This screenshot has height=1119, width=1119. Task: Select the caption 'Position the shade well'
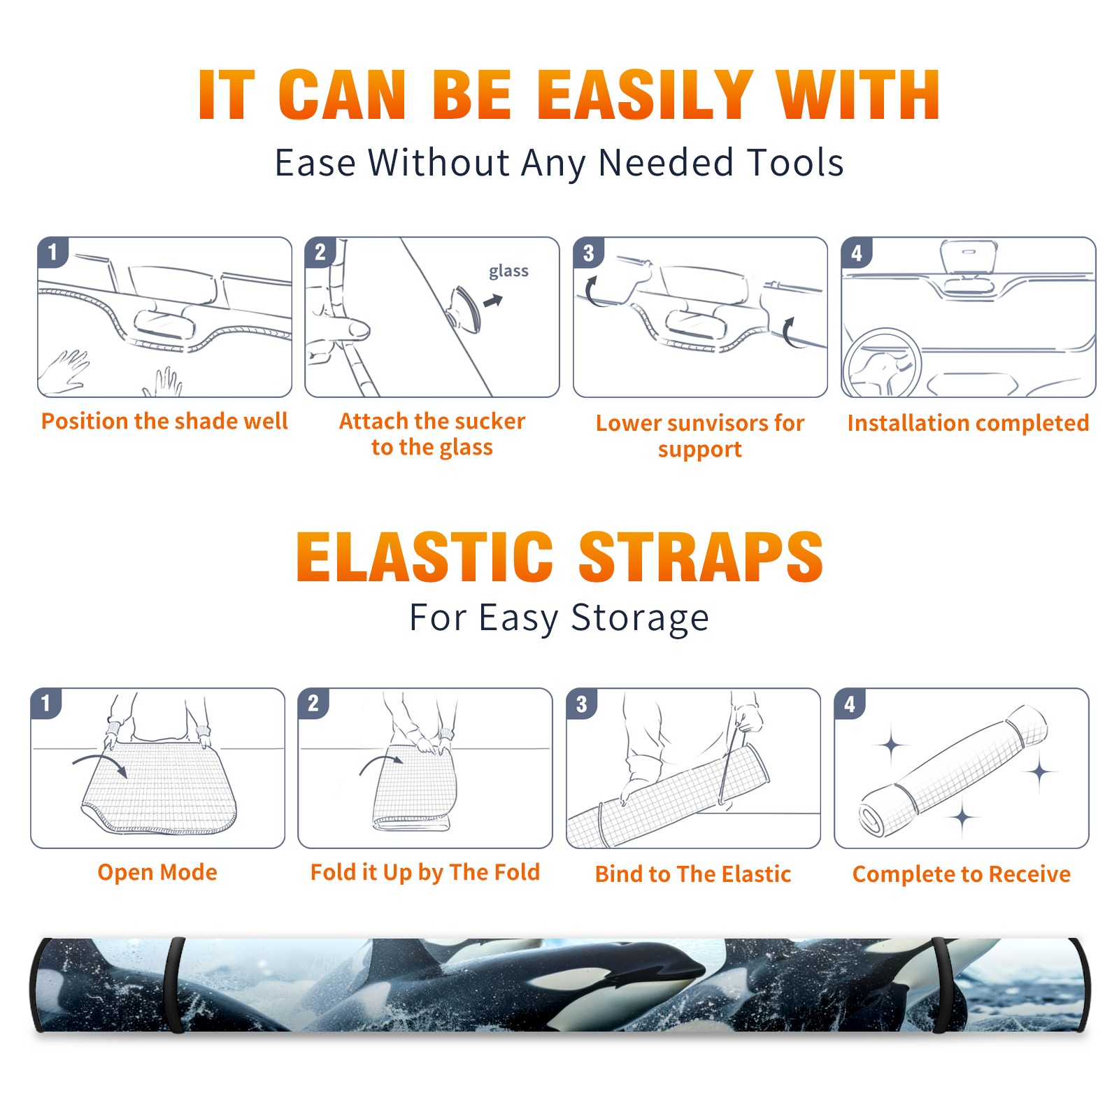[164, 421]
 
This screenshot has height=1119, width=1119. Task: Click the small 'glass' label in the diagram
[508, 271]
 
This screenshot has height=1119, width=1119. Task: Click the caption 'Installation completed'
[968, 423]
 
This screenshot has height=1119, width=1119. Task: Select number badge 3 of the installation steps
[588, 252]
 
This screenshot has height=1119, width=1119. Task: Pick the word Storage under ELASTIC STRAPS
[640, 618]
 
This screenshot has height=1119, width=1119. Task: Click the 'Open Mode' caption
[157, 872]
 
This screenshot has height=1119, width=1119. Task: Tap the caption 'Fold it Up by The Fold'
[425, 873]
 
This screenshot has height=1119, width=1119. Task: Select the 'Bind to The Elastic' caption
[693, 874]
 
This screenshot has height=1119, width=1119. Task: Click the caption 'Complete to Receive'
[962, 874]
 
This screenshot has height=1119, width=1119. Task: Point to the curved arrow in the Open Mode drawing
[100, 761]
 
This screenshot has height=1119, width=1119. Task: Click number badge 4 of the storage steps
[849, 704]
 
